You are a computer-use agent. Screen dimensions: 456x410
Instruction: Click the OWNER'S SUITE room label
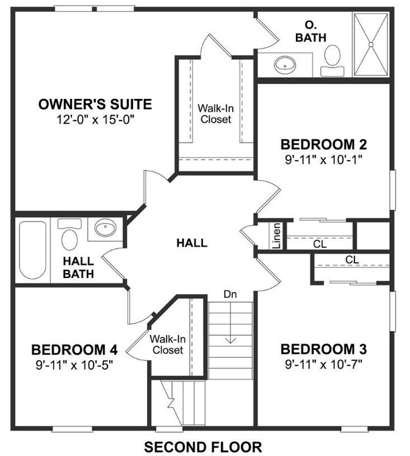pyautogui.click(x=95, y=104)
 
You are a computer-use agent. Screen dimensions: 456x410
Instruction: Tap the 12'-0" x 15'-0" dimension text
pyautogui.click(x=95, y=119)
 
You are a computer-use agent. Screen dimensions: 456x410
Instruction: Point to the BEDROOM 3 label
pyautogui.click(x=324, y=349)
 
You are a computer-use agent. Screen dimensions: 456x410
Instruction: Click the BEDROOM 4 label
pyautogui.click(x=74, y=349)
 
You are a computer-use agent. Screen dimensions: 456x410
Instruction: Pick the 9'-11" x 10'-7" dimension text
pyautogui.click(x=324, y=363)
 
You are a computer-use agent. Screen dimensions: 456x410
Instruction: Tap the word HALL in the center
pyautogui.click(x=192, y=243)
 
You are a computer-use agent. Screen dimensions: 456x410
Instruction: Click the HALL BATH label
pyautogui.click(x=78, y=267)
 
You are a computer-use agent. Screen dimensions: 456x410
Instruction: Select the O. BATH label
pyautogui.click(x=310, y=32)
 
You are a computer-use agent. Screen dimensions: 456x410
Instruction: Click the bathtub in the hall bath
pyautogui.click(x=32, y=250)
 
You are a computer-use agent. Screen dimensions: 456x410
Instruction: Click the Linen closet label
pyautogui.click(x=276, y=235)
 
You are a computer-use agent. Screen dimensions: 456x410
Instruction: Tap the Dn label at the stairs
pyautogui.click(x=230, y=293)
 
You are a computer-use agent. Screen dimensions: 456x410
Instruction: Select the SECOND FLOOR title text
pyautogui.click(x=202, y=447)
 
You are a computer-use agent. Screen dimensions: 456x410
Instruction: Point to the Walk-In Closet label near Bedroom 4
pyautogui.click(x=167, y=344)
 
